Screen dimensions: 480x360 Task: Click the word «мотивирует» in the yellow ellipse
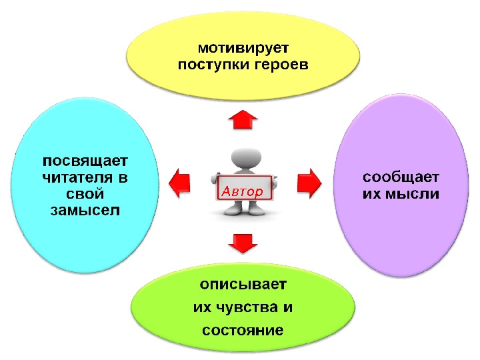click(x=242, y=49)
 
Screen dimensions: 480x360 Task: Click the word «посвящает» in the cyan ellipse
click(x=85, y=162)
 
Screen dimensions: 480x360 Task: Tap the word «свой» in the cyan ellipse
click(x=85, y=195)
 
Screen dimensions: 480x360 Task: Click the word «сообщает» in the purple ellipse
click(x=401, y=178)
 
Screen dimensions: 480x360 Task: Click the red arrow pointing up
click(x=242, y=120)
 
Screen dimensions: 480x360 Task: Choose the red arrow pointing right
click(x=308, y=181)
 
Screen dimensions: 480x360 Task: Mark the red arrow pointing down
click(x=242, y=242)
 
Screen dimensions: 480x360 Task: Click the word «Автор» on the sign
click(x=242, y=192)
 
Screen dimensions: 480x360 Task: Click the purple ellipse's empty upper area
click(x=401, y=127)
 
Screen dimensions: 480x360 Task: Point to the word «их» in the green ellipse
click(x=203, y=308)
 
